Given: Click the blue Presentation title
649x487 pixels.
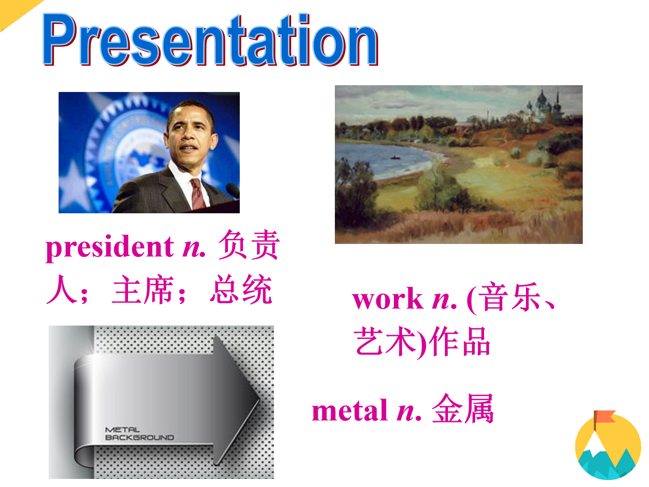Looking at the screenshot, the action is tap(210, 39).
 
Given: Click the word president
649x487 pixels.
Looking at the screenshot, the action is tap(110, 248).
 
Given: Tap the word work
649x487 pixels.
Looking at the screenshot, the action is tap(388, 299).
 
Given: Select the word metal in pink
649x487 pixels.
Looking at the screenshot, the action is tap(349, 410).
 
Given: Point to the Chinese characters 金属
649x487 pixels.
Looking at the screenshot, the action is tap(463, 409).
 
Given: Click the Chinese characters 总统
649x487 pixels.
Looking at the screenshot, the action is tap(241, 289).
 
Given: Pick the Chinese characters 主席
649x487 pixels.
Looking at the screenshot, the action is tap(143, 289).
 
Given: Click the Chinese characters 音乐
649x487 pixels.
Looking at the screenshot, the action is tap(509, 296).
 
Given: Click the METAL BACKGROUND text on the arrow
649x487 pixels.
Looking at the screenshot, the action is tap(139, 433).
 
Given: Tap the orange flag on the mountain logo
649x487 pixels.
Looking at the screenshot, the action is tap(604, 416).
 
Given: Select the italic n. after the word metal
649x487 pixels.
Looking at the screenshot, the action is tap(409, 412).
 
